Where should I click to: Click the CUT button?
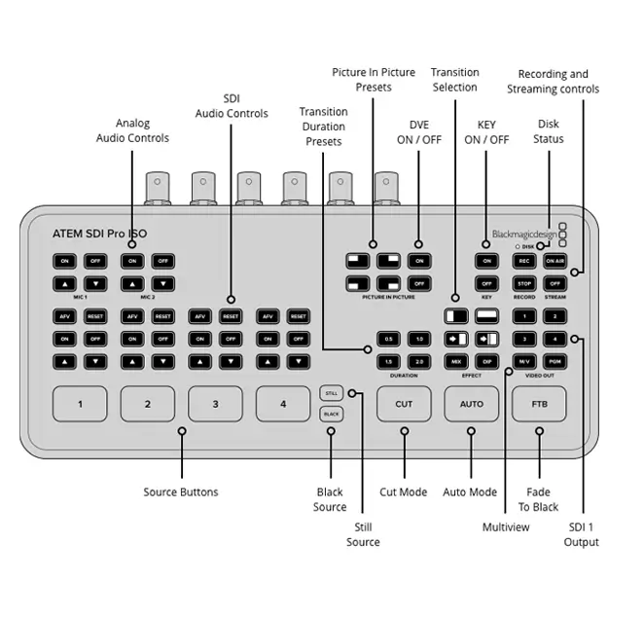coord(404,404)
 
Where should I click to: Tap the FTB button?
coord(539,404)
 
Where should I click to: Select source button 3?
coord(215,404)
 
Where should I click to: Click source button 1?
coord(80,404)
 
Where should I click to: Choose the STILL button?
coord(331,393)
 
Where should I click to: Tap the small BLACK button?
coord(331,415)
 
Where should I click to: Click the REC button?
coord(524,261)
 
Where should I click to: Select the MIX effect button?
coord(455,361)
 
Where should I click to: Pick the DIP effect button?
coord(486,361)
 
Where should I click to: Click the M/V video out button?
coord(524,361)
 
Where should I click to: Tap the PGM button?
coord(554,361)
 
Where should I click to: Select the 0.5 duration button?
coord(389,339)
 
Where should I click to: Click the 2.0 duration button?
coord(419,361)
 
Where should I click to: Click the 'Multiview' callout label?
coord(507,526)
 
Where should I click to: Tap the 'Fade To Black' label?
coord(539,499)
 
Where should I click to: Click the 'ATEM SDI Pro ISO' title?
coord(100,234)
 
